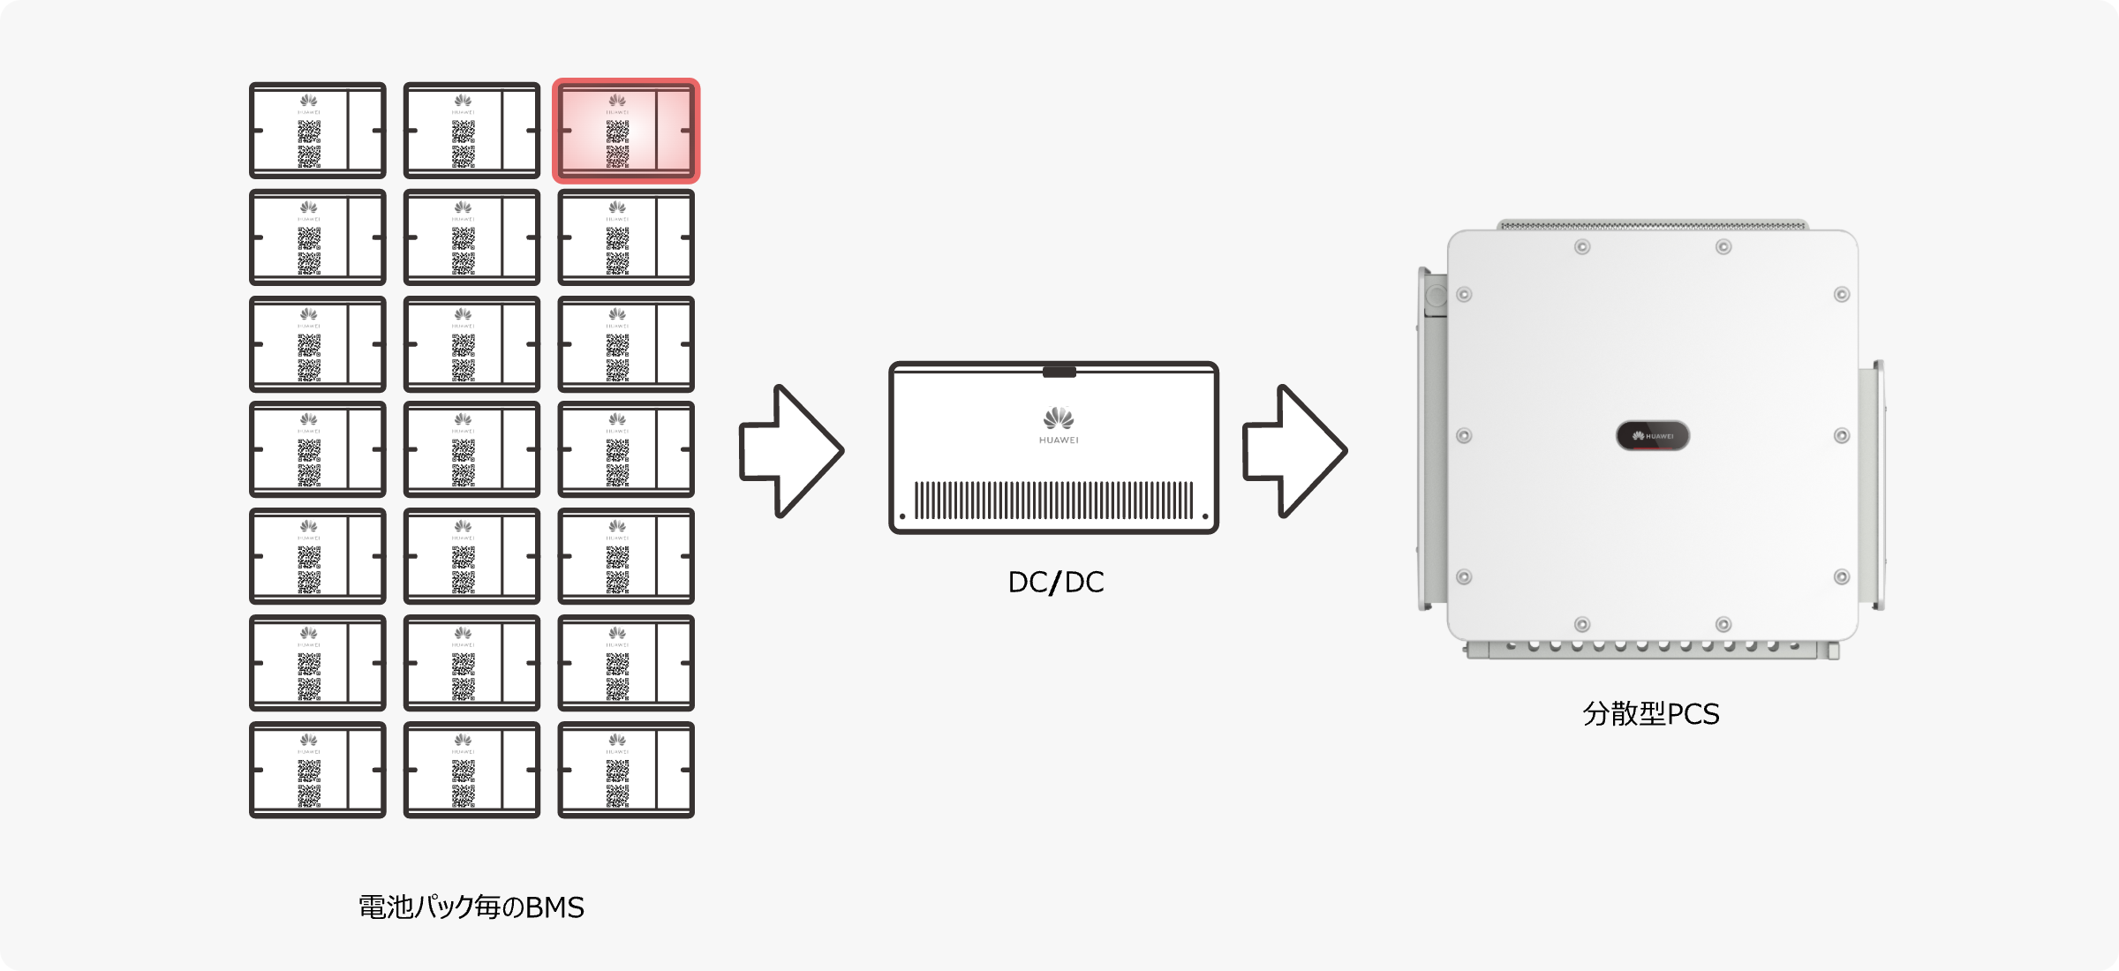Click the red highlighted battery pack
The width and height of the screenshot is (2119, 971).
tap(625, 131)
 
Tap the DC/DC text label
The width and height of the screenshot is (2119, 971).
tap(1056, 583)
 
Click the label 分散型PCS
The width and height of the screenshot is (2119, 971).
tap(1651, 713)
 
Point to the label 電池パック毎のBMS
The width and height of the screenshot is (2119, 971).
tap(471, 907)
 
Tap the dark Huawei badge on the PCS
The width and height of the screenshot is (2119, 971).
tap(1653, 436)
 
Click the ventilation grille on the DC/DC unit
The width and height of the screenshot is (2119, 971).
tap(1053, 500)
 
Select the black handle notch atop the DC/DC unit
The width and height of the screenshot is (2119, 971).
tap(1059, 372)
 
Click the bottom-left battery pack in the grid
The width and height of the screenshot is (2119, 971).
tap(318, 770)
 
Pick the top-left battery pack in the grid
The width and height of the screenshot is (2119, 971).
tap(318, 131)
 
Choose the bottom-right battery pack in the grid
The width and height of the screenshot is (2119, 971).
tap(625, 770)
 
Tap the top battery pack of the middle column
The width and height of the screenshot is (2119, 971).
tap(471, 131)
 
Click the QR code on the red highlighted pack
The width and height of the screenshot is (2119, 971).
tap(618, 143)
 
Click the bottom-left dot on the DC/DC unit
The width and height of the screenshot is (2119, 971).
tap(902, 516)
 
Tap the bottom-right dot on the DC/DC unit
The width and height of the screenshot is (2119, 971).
tap(1205, 516)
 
